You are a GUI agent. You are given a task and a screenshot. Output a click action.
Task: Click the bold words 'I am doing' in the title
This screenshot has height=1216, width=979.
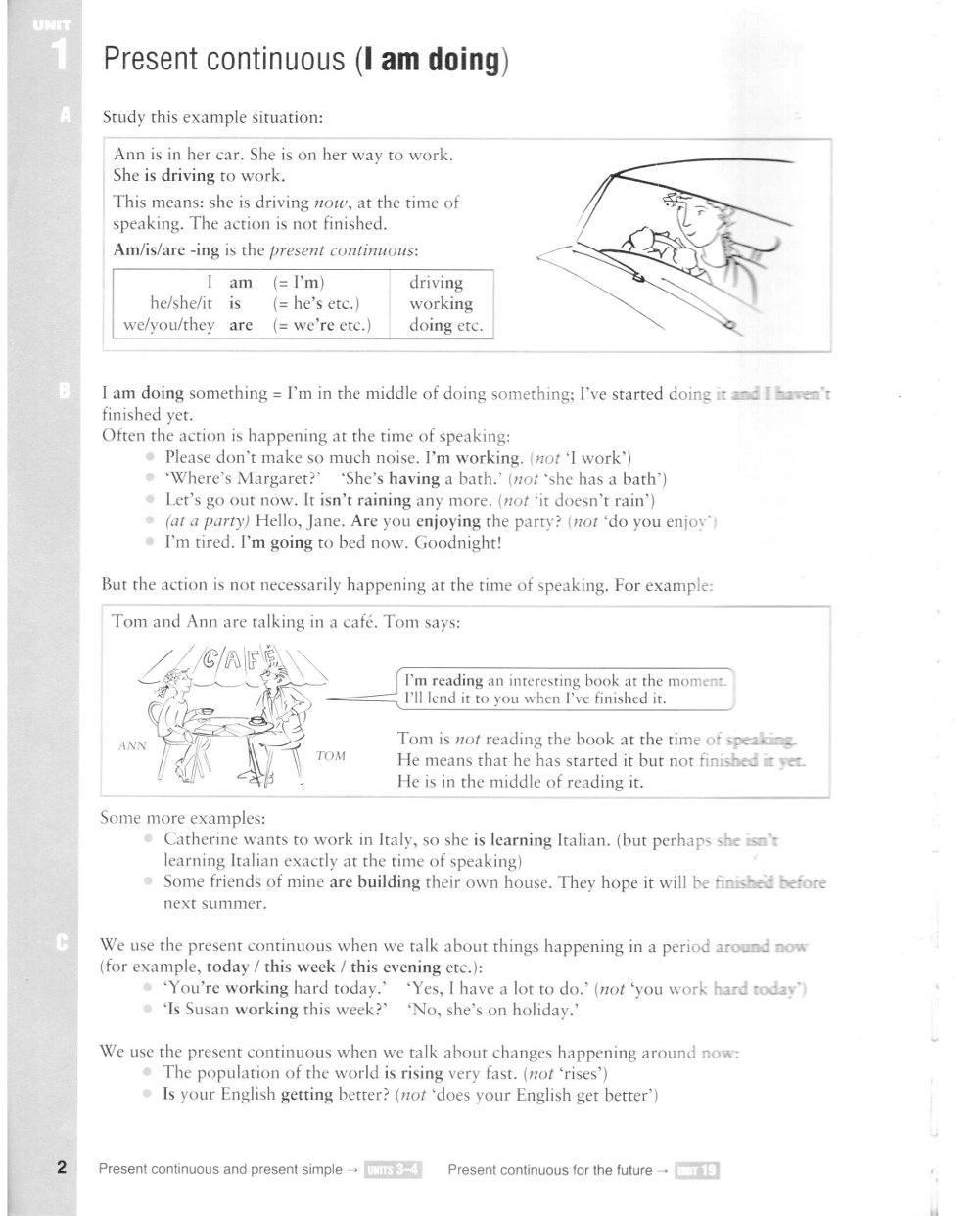coord(430,60)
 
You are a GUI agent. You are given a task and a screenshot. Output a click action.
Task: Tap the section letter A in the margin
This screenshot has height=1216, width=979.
coord(65,116)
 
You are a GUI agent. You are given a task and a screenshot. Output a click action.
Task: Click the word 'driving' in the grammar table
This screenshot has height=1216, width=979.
coord(437,283)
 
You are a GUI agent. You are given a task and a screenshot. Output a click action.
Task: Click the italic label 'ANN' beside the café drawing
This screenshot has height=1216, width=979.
coord(131,745)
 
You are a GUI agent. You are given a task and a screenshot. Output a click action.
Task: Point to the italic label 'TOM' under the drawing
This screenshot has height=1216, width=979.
coord(331,757)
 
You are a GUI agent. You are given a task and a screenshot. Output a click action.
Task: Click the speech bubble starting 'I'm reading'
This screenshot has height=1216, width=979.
coord(566,690)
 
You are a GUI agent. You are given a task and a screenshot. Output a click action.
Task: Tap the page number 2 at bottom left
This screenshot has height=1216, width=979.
coord(62,1168)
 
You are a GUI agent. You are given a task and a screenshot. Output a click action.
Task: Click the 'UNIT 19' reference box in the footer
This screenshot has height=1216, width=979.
coord(696,1170)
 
